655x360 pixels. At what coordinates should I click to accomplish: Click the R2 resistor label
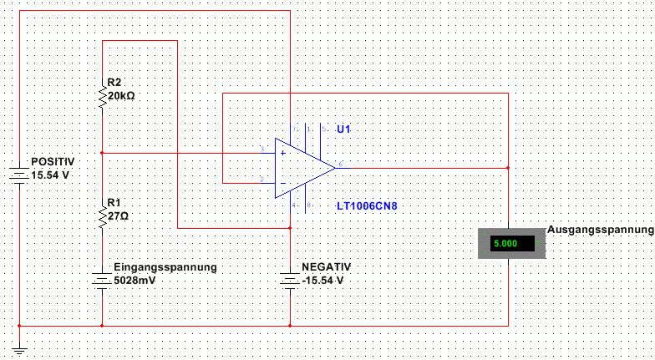click(114, 83)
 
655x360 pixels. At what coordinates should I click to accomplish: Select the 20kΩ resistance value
click(121, 95)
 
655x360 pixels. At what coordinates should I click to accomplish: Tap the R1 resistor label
click(114, 203)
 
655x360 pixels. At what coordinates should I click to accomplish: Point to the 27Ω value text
click(118, 215)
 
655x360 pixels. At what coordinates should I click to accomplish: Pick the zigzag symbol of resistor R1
click(102, 216)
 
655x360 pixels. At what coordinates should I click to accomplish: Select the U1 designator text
click(343, 129)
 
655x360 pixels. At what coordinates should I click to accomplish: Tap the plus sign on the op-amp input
click(282, 154)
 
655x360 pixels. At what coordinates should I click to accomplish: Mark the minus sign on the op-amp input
click(282, 182)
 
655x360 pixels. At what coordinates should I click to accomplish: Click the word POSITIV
click(53, 161)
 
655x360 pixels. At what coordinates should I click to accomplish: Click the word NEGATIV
click(327, 266)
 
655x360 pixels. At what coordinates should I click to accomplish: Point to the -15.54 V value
click(322, 280)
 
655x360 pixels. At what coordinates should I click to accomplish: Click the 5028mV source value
click(135, 280)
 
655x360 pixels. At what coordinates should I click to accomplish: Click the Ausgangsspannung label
click(600, 230)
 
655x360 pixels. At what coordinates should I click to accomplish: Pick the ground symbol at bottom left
click(18, 351)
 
